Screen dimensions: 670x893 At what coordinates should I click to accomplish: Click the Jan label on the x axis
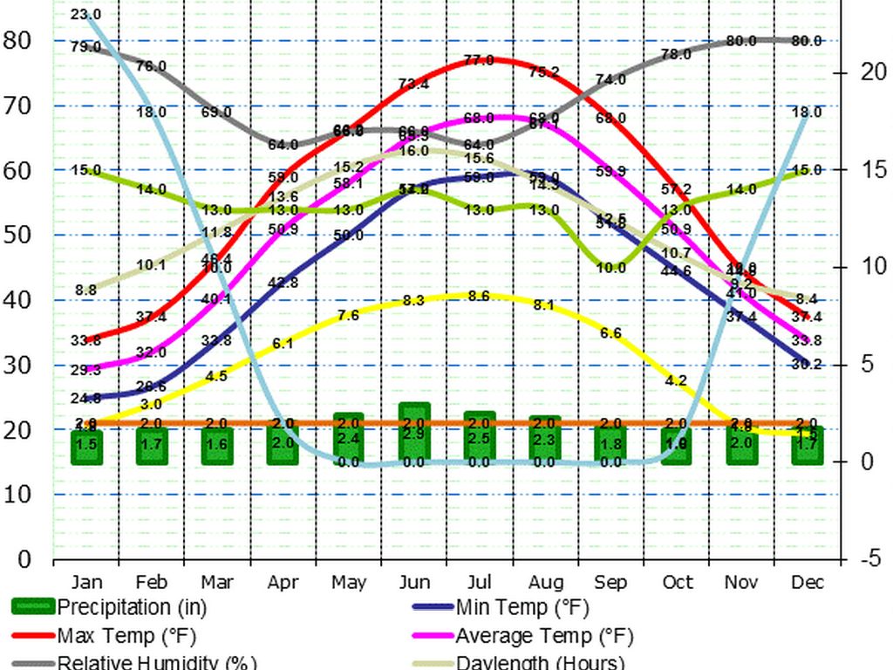86,582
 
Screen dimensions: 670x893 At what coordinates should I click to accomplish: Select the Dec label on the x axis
808,582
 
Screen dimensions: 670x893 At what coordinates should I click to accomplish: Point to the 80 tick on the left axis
17,40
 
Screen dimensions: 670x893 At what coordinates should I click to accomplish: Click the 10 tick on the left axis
17,495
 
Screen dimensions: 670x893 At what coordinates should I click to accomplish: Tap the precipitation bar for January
86,446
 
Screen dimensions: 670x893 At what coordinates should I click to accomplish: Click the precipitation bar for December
808,446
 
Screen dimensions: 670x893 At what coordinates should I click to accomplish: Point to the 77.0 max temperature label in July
479,60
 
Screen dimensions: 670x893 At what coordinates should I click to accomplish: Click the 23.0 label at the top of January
85,15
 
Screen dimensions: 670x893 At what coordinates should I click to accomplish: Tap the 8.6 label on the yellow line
479,296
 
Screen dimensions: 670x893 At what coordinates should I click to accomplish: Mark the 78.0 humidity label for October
676,54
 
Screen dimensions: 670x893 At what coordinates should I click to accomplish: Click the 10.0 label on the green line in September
610,268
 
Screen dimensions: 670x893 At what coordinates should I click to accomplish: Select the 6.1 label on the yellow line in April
283,345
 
